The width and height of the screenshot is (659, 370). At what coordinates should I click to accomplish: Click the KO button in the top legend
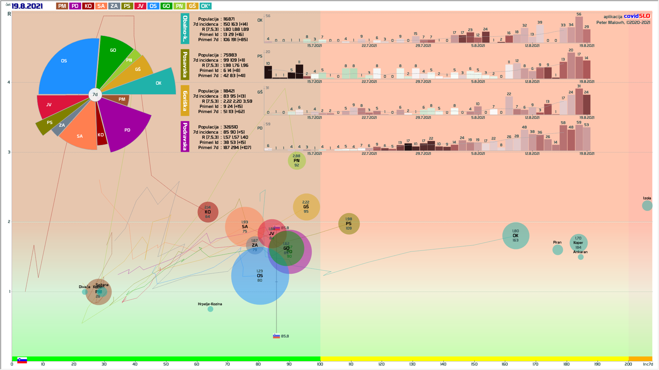pyautogui.click(x=88, y=6)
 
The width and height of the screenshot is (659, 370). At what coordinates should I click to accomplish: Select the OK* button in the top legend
pyautogui.click(x=205, y=6)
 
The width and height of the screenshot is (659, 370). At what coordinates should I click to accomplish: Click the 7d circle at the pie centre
pyautogui.click(x=95, y=95)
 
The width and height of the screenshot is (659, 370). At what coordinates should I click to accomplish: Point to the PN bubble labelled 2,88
pyautogui.click(x=297, y=161)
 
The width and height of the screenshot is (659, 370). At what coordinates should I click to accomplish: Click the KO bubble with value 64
pyautogui.click(x=208, y=212)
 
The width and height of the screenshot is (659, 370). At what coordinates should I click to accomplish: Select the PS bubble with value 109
pyautogui.click(x=349, y=224)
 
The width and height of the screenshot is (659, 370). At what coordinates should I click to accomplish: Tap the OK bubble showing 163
pyautogui.click(x=516, y=236)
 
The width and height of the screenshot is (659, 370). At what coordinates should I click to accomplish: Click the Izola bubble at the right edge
pyautogui.click(x=647, y=206)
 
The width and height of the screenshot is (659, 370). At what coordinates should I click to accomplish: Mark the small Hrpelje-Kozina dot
pyautogui.click(x=210, y=309)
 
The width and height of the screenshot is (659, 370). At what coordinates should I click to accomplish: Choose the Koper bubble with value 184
pyautogui.click(x=578, y=243)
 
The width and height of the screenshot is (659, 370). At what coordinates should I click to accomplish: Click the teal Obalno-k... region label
pyautogui.click(x=185, y=29)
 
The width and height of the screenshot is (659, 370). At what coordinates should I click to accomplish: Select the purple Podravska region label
pyautogui.click(x=185, y=136)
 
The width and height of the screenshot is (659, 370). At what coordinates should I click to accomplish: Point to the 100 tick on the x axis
pyautogui.click(x=320, y=364)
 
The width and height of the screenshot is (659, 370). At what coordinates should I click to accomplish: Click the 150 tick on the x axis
pyautogui.click(x=474, y=364)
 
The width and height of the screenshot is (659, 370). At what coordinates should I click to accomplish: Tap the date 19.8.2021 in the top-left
pyautogui.click(x=27, y=6)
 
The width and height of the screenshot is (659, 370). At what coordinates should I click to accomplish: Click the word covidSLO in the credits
pyautogui.click(x=637, y=16)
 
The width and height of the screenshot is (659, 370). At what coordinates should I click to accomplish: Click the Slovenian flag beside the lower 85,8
pyautogui.click(x=276, y=336)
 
